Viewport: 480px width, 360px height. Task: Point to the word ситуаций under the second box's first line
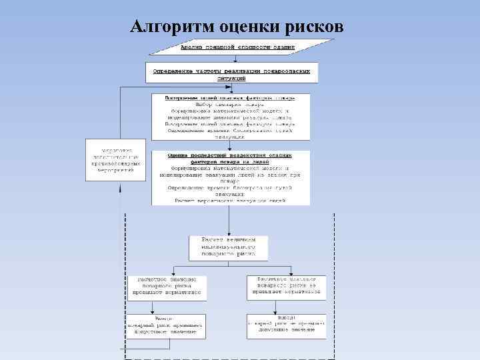click(x=231, y=78)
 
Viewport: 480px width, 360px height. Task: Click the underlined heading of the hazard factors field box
click(x=231, y=97)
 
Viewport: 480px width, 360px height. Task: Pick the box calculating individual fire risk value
click(x=228, y=247)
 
